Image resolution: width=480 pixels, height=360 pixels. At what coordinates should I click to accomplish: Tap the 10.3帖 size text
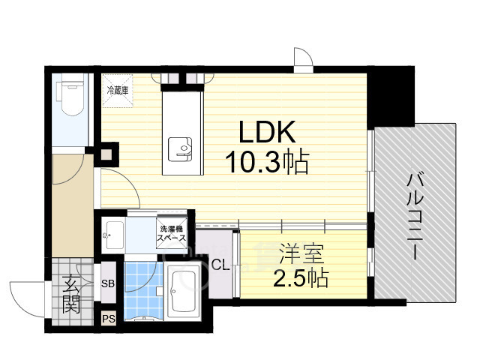[x=266, y=163]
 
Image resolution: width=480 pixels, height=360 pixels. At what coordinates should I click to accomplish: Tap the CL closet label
[x=220, y=264]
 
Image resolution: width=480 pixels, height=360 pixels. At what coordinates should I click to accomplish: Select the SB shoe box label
[x=108, y=283]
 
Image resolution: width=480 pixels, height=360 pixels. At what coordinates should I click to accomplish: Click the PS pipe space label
[x=108, y=318]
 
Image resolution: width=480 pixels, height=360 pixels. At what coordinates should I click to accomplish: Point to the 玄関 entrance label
[x=72, y=294]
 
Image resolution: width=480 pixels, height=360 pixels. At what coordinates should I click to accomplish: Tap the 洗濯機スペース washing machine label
[x=170, y=233]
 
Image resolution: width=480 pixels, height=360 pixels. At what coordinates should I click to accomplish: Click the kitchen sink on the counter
[x=181, y=149]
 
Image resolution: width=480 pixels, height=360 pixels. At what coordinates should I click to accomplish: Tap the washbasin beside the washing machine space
[x=113, y=233]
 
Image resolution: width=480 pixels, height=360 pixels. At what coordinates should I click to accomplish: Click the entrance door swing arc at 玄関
[x=22, y=297]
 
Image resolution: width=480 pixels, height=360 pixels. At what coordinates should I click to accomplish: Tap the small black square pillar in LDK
[x=106, y=157]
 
